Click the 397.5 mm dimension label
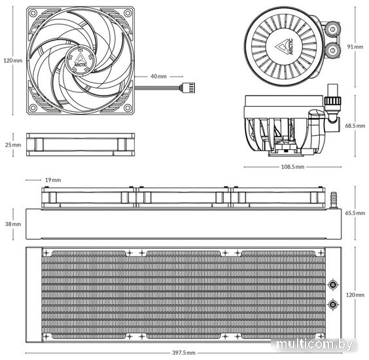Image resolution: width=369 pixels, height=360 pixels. (184, 353)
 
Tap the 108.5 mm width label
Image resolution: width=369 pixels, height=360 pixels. (292, 167)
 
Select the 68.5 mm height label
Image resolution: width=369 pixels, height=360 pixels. (355, 126)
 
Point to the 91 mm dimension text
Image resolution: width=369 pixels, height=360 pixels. (355, 46)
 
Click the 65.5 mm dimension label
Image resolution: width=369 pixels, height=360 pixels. (355, 213)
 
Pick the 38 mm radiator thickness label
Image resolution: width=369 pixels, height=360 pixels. (13, 224)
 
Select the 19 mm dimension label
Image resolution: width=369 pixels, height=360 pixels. (53, 180)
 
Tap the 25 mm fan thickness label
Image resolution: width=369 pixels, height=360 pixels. (13, 145)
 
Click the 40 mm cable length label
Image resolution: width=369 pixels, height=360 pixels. (158, 77)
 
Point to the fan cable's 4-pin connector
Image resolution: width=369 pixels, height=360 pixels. (188, 88)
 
